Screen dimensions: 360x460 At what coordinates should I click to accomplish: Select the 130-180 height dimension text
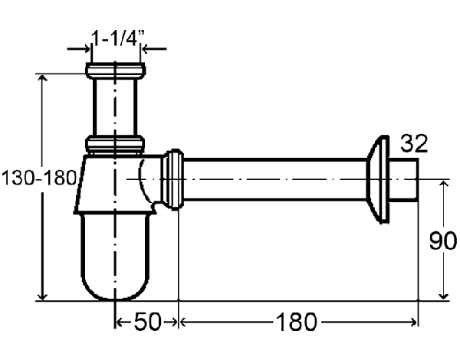coord(38,178)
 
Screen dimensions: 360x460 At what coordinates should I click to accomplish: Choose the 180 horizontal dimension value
coord(296,322)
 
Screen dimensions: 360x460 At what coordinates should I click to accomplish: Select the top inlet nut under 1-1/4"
coord(116,71)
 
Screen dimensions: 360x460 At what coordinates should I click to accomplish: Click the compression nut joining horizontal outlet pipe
coord(172,179)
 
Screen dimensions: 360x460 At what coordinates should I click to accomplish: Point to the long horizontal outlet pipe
coord(276,180)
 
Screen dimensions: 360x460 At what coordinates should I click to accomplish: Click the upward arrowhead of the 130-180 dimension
coord(44,80)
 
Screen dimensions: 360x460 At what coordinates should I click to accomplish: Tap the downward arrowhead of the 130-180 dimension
coord(44,296)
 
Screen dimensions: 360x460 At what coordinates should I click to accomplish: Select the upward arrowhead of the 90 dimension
coord(442,185)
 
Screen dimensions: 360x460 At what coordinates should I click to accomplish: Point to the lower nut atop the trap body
coord(115,142)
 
